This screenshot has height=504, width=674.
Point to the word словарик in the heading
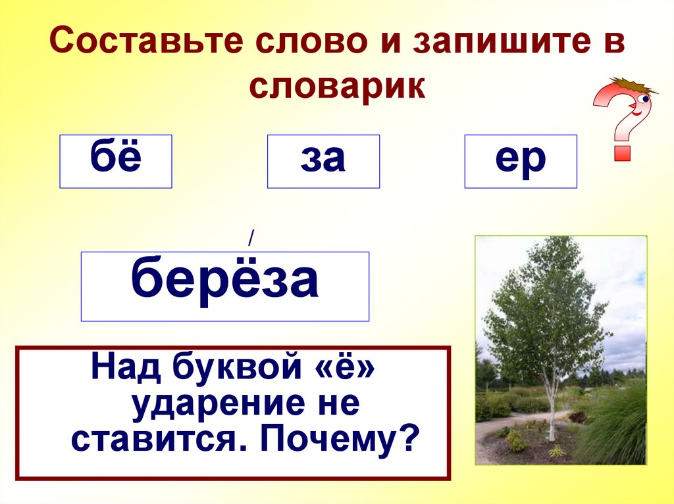pyautogui.click(x=337, y=87)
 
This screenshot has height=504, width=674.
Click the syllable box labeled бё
pyautogui.click(x=116, y=161)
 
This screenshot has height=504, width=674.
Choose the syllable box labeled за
pyautogui.click(x=323, y=161)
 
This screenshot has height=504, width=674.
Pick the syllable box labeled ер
pyautogui.click(x=521, y=161)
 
